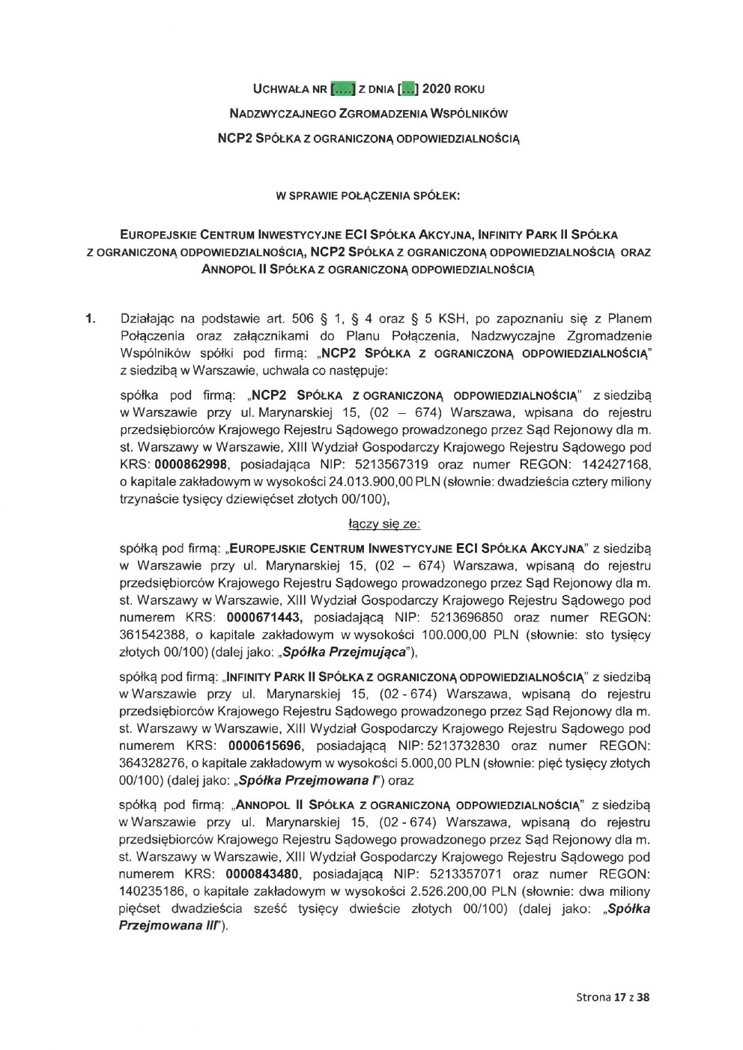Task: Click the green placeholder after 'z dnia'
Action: point(407,89)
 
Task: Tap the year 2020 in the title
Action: point(437,89)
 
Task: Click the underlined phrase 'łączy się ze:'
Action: point(384,525)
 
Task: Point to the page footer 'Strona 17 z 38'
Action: point(613,997)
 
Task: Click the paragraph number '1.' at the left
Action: point(91,319)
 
